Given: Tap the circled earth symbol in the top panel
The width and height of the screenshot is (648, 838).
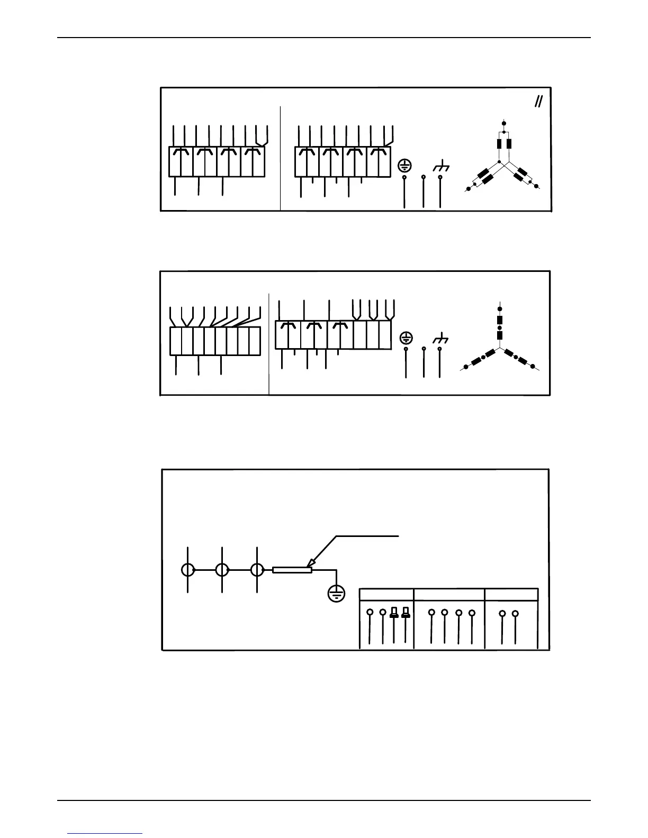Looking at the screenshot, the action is tap(404, 166).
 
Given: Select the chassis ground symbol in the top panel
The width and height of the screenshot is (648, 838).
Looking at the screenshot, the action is tap(441, 167).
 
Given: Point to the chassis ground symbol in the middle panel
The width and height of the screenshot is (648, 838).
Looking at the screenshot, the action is tap(440, 338).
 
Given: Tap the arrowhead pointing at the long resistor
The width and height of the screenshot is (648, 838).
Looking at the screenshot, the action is tap(310, 564).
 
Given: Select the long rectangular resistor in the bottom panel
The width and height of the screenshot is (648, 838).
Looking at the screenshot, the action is tap(292, 570).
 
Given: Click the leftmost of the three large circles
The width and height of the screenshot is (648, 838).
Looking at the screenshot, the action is tap(188, 570).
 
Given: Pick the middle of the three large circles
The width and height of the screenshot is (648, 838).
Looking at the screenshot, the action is tap(222, 570).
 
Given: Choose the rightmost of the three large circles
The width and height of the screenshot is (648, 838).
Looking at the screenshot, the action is tap(257, 570).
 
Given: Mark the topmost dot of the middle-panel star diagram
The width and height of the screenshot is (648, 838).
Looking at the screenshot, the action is tap(500, 308).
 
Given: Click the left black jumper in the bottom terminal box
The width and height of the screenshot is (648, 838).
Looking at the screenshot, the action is tap(394, 613).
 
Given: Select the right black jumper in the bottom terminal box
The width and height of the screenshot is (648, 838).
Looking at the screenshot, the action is tap(406, 613).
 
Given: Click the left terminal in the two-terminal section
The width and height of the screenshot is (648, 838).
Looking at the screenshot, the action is tap(502, 614).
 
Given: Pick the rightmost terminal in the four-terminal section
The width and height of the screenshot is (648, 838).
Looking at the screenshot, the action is tap(471, 613).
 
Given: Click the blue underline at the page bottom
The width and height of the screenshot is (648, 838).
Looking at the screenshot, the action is tap(105, 834).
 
